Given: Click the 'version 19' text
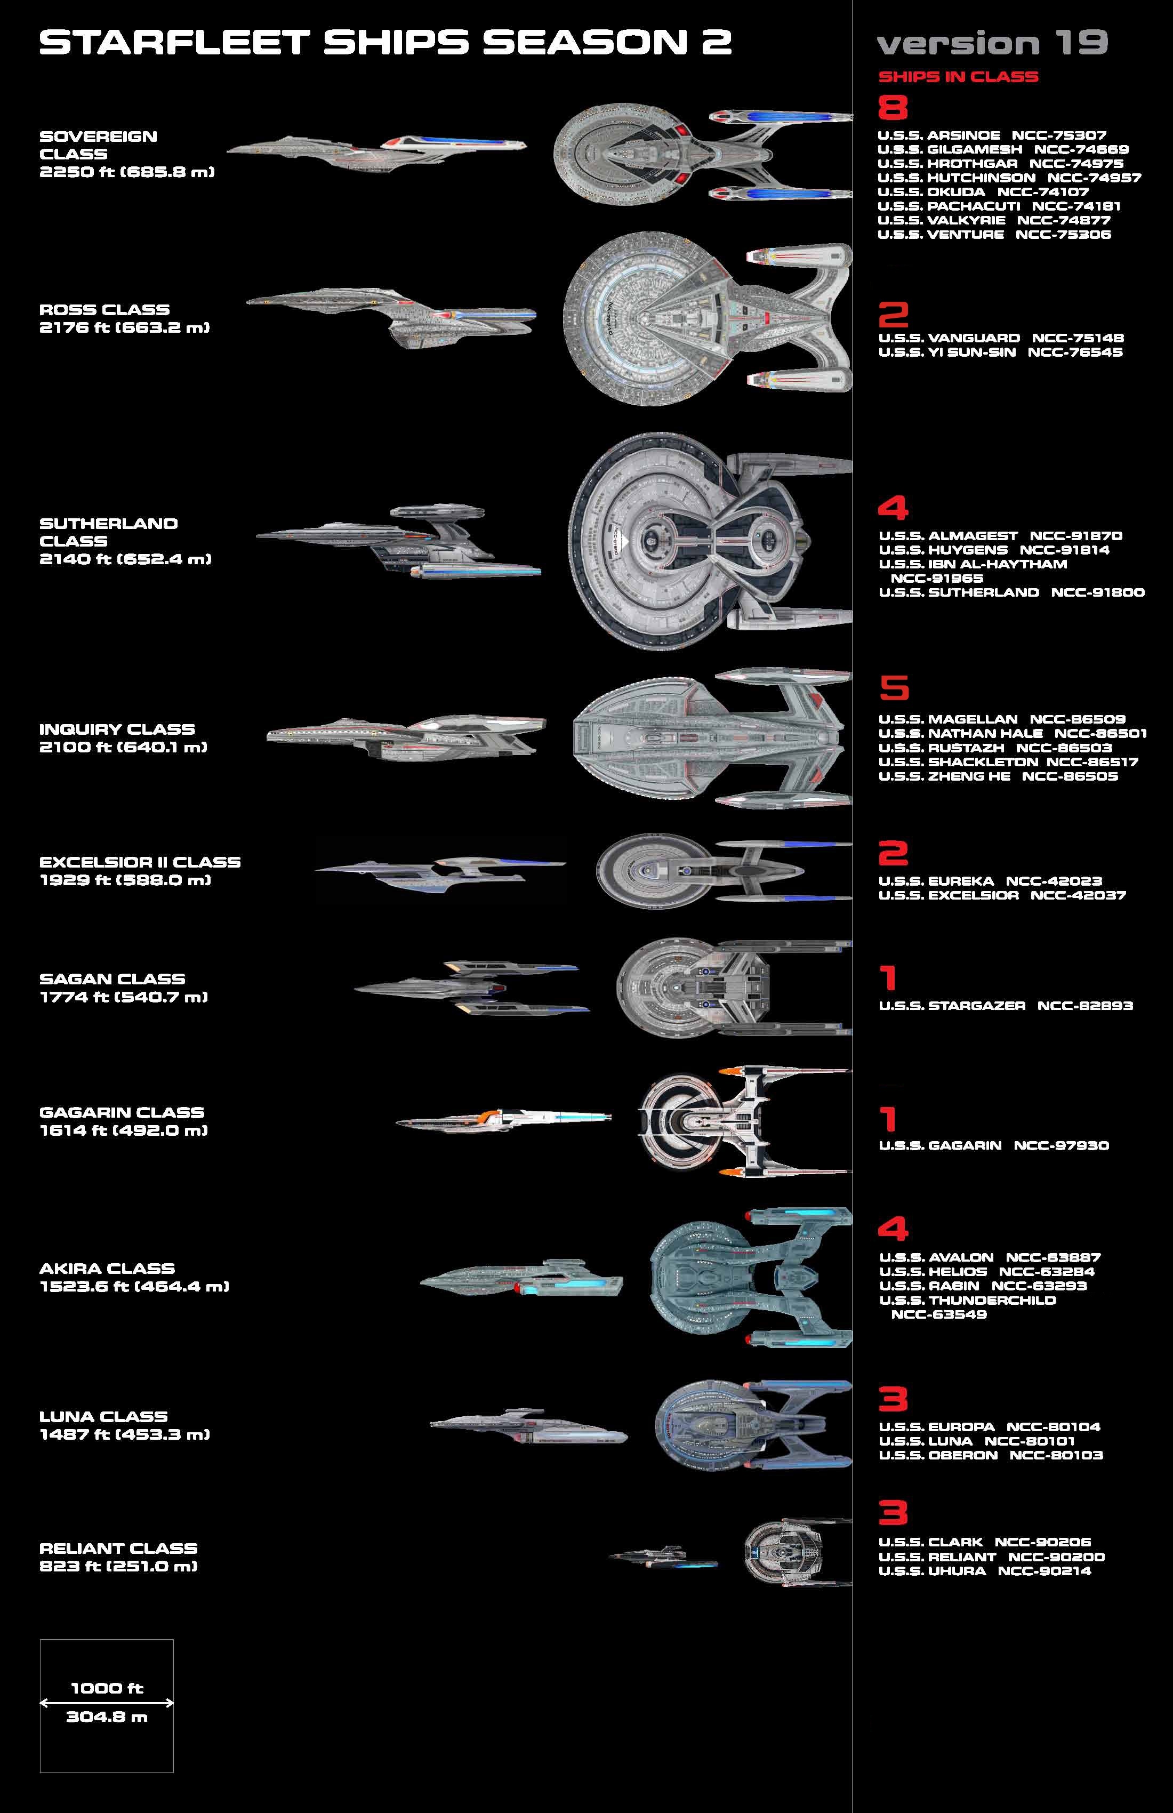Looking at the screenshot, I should coord(992,43).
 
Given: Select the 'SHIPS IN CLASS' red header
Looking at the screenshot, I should coord(958,77).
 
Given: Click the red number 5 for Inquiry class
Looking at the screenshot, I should coord(894,688).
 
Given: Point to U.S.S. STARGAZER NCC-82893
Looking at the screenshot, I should coord(1006,1006).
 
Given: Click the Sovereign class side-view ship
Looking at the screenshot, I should coord(377,149).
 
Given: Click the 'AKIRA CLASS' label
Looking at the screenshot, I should coord(107,1269).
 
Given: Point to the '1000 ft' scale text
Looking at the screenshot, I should coord(107,1688).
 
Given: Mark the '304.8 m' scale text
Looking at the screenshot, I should coord(107,1717).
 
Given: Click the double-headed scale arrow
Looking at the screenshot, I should coord(107,1703).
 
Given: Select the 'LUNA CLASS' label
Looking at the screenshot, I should coord(103,1417).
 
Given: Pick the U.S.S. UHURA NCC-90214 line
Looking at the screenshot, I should coord(984,1571).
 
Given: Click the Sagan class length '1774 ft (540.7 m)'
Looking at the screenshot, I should coord(123,997).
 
